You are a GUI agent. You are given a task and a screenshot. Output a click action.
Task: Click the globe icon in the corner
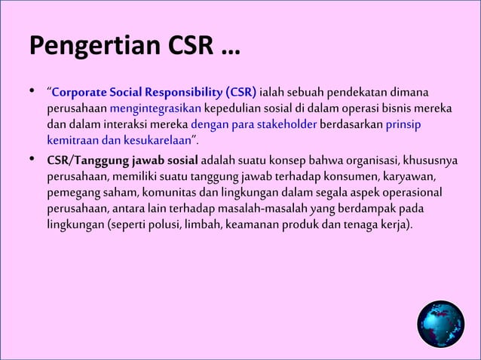pos(440,324)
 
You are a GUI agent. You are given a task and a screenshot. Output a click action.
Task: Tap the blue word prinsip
pos(402,124)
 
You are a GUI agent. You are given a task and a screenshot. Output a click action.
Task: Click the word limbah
pos(216,224)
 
